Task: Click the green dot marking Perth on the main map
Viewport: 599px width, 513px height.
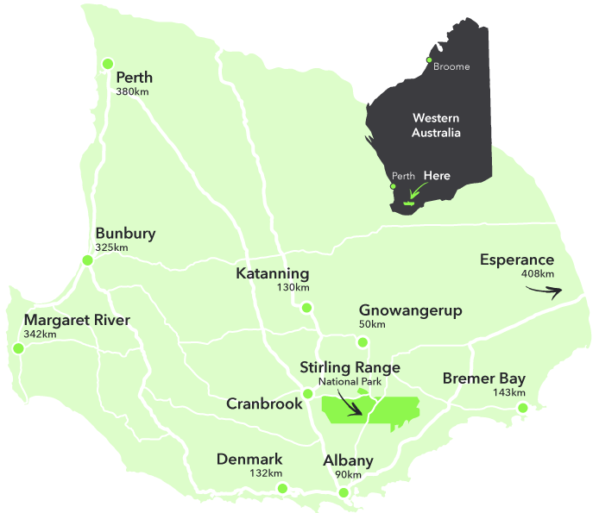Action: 108,63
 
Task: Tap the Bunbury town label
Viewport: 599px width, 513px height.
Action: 125,234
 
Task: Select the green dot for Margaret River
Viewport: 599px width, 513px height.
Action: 17,349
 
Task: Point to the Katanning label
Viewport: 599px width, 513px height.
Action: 272,274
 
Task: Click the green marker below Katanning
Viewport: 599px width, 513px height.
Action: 306,307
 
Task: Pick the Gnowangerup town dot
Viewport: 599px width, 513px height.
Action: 363,342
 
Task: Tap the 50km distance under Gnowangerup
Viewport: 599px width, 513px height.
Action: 372,324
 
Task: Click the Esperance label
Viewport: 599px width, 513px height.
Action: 517,260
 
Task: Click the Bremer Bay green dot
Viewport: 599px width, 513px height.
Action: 522,408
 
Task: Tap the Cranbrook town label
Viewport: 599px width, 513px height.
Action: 264,404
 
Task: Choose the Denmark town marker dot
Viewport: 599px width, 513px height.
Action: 282,489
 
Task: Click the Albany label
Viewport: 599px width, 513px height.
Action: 348,460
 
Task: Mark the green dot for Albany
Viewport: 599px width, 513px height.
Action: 344,493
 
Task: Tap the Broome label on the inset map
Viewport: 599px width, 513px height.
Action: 451,67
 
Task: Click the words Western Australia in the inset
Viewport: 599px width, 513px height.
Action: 436,125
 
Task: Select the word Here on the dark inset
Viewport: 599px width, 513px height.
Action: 437,176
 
